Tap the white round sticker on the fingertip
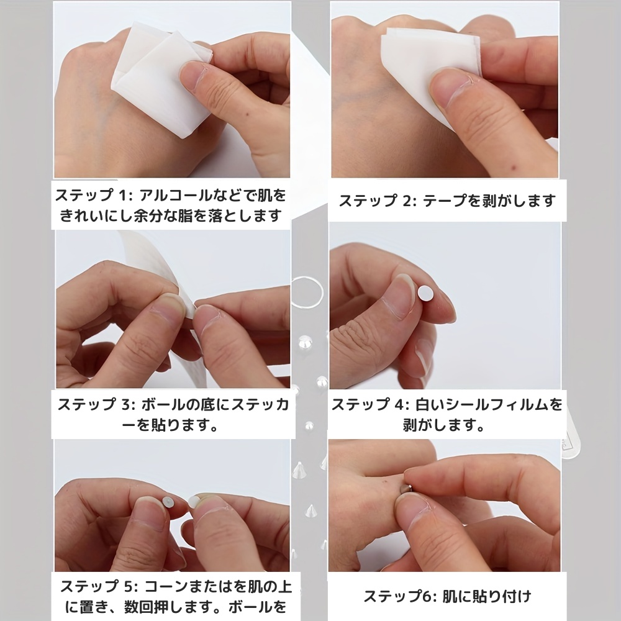(x=426, y=292)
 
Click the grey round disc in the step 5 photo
(x=168, y=501)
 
